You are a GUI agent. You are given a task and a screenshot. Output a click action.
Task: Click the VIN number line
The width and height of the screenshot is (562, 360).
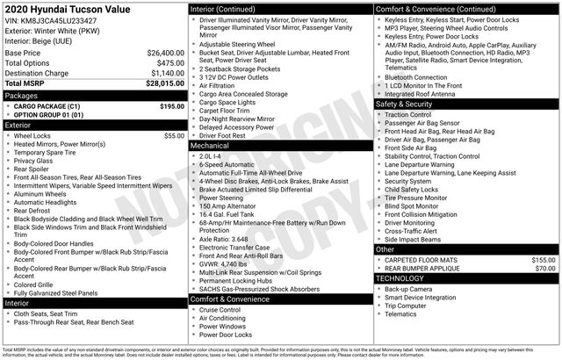pyautogui.click(x=51, y=20)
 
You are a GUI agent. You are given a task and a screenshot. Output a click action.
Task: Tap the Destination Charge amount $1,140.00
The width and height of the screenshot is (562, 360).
pyautogui.click(x=162, y=73)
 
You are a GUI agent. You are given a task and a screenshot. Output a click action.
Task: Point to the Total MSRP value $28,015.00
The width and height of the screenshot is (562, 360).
pyautogui.click(x=161, y=83)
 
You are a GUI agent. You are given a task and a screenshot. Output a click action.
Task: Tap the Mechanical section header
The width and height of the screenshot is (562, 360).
pyautogui.click(x=210, y=146)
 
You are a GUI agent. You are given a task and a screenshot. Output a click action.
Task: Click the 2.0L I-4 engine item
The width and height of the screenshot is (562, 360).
pyautogui.click(x=211, y=155)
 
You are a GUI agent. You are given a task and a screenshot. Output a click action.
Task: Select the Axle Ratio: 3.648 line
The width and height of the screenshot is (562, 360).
pyautogui.click(x=223, y=239)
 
